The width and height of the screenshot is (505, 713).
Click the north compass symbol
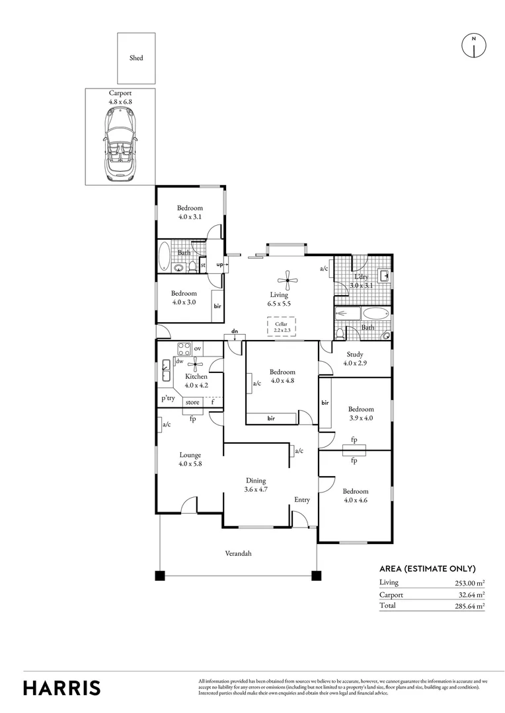point(473,46)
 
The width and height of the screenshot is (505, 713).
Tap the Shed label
point(136,58)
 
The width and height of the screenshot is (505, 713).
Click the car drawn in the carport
point(120,145)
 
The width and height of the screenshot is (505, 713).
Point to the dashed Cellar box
point(281,327)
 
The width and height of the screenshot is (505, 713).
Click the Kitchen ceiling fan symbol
point(195,364)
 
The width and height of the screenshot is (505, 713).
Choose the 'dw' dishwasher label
point(179,361)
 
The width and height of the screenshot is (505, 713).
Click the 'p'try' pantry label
point(168,399)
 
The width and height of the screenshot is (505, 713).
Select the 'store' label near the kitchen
point(192,402)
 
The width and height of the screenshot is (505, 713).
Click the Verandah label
point(238,554)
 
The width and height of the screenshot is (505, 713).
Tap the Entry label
point(302,500)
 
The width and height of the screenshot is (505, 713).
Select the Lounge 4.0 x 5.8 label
point(190,459)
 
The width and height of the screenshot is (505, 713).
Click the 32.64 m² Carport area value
point(471,594)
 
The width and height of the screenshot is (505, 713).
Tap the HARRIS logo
point(62,687)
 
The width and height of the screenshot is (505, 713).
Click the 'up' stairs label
point(219,265)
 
